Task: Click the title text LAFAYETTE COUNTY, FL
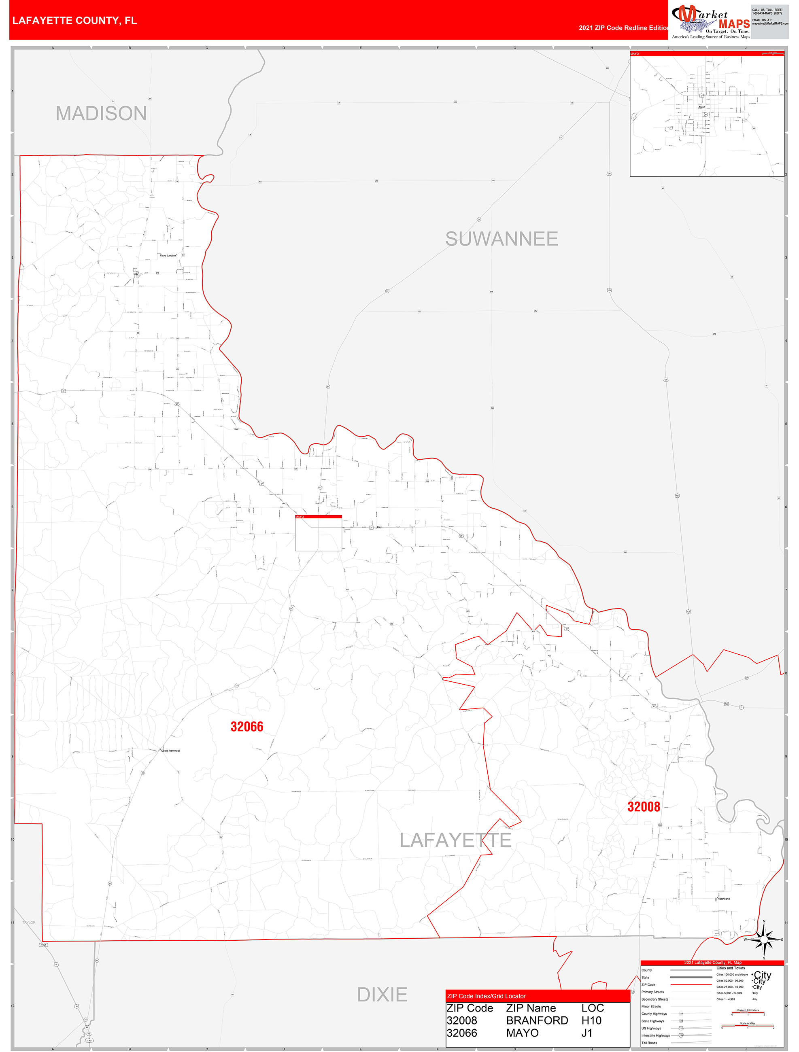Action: click(x=75, y=21)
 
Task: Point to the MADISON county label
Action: click(x=101, y=113)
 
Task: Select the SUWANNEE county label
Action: click(x=501, y=239)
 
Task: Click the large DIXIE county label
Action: click(x=382, y=995)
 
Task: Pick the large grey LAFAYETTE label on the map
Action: click(x=455, y=840)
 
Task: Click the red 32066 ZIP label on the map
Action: click(x=246, y=727)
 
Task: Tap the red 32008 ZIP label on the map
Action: click(x=644, y=806)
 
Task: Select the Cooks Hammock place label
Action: click(x=170, y=751)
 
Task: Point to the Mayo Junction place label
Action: click(x=168, y=255)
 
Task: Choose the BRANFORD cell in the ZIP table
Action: click(x=537, y=1020)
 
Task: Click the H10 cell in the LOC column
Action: click(x=591, y=1020)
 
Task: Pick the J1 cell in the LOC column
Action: click(x=587, y=1033)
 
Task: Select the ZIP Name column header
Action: click(x=531, y=1008)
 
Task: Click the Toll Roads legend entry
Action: click(x=649, y=1042)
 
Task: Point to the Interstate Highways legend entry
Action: click(x=655, y=1035)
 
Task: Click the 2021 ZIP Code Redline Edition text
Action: click(x=623, y=28)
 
